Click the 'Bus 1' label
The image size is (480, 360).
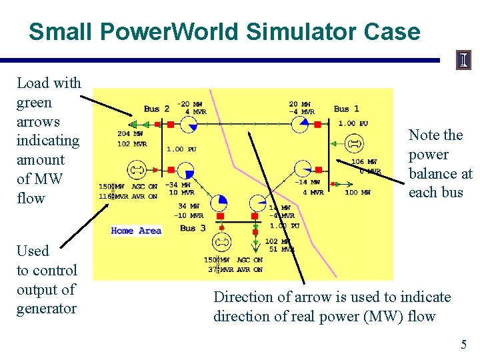[346, 109]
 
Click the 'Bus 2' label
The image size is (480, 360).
[157, 109]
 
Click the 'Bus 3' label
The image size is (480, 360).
[193, 227]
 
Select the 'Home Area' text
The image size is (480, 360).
[136, 231]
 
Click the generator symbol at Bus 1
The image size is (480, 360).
[353, 143]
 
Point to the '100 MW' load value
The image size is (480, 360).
[357, 193]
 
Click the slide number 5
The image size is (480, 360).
[463, 344]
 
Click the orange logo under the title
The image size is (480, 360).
[463, 61]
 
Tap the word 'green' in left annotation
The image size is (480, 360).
[34, 102]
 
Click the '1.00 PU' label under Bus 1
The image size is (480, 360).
[353, 123]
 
